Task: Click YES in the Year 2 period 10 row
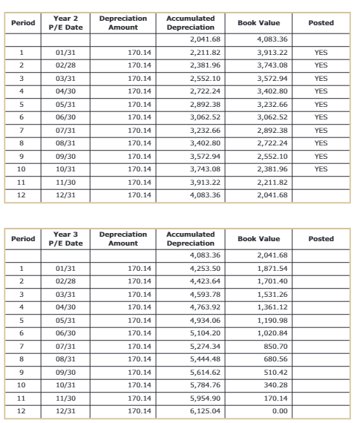pyautogui.click(x=321, y=168)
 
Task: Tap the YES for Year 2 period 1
pyautogui.click(x=321, y=53)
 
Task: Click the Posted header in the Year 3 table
pyautogui.click(x=321, y=239)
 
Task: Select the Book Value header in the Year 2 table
pyautogui.click(x=258, y=23)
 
